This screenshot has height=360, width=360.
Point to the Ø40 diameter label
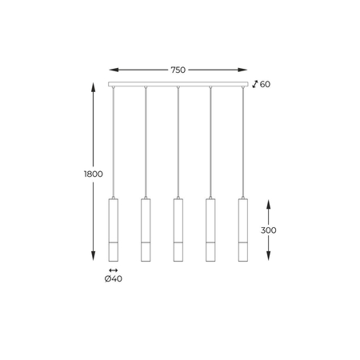coord(114,279)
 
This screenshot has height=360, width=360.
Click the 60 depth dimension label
coord(266,84)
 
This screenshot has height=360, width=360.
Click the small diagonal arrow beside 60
coord(254,83)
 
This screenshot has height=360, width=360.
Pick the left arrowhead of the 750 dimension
coord(110,70)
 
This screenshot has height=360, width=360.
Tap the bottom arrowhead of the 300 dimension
coord(268,259)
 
